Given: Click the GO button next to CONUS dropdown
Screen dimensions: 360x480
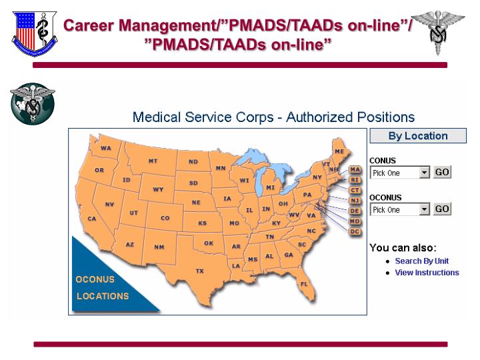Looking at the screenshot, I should coord(443,172).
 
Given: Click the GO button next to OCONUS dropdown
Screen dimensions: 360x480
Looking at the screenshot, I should coord(443,209).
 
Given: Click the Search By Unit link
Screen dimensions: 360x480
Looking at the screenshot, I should coord(421,261).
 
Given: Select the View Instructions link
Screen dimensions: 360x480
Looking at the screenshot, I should coord(427,272).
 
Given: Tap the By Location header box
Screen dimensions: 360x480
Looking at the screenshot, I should coord(418,136).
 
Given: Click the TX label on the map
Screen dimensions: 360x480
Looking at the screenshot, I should coord(199,271).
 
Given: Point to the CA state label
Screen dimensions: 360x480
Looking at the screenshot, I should coord(92,219).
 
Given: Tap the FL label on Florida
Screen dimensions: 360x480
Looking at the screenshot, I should coord(304,284).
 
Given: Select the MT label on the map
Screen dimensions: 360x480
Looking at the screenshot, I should coord(153,161).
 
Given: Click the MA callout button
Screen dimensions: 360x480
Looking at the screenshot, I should coord(355,169).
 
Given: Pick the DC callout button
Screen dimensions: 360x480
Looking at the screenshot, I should coord(355,231).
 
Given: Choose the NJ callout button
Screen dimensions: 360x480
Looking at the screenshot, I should coord(355,200).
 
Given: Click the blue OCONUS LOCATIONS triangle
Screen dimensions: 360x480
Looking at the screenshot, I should coord(100,287).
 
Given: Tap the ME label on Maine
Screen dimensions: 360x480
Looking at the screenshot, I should coord(339,151).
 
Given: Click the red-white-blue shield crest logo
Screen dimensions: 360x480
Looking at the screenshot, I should coord(34,33).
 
